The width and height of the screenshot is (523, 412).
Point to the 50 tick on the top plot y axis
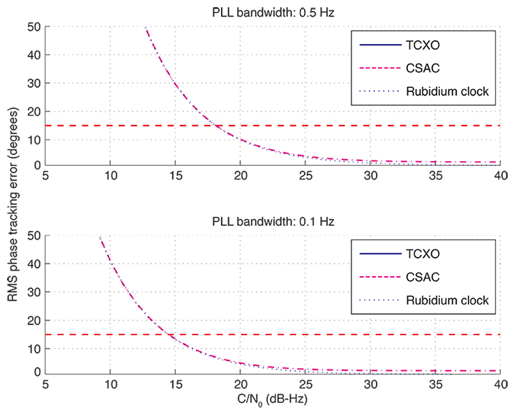point(35,27)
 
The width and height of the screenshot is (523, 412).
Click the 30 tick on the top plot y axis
point(35,83)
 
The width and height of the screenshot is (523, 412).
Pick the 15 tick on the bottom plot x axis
point(176,384)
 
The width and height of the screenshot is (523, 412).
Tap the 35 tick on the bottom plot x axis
point(436,384)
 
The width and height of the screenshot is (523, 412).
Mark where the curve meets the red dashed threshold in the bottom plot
point(170,335)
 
